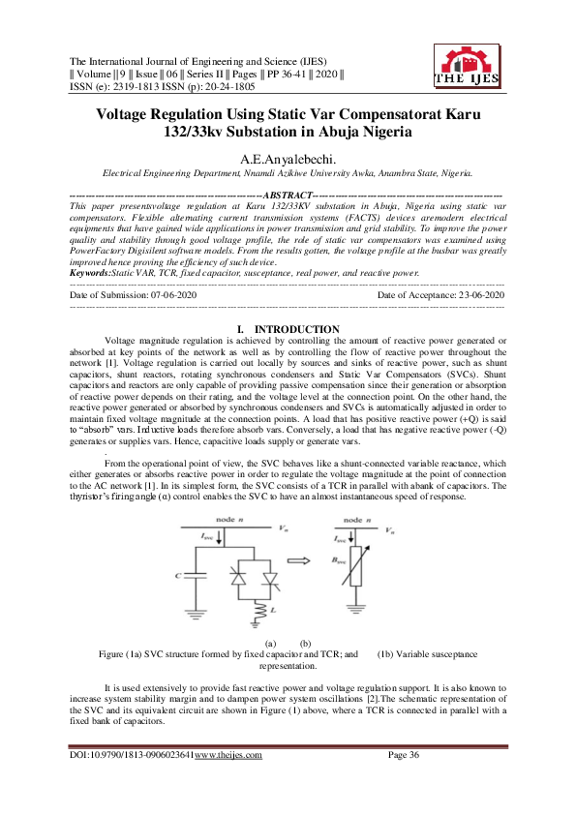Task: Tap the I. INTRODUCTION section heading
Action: click(288, 330)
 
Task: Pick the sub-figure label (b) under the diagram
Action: click(305, 643)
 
